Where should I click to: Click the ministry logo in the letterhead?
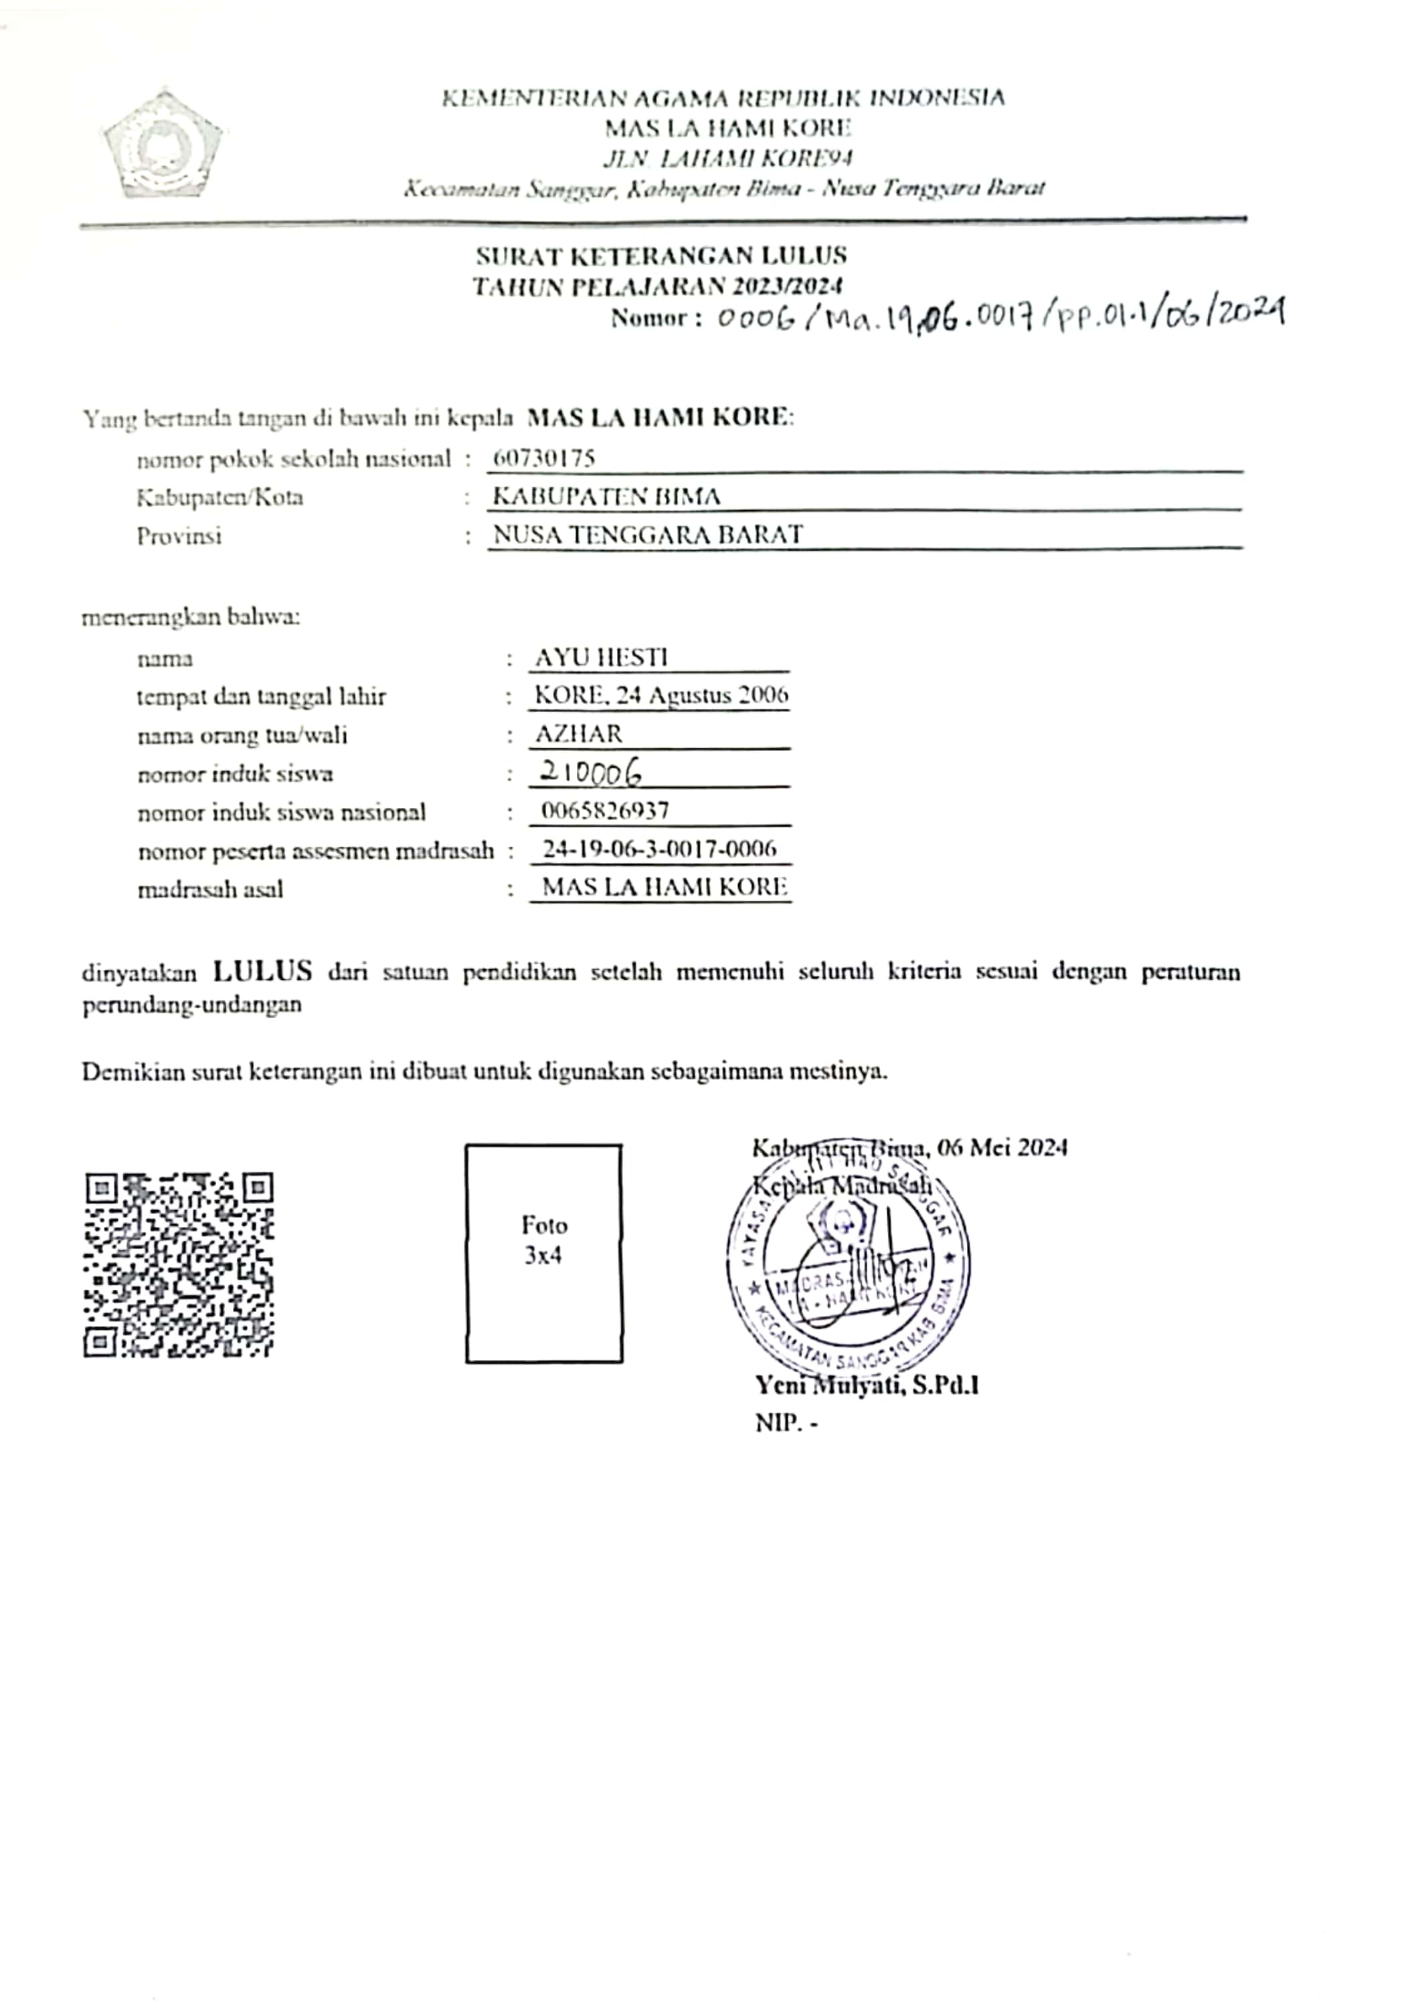point(163,145)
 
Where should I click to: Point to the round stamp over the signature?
point(847,1264)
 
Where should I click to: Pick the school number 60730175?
point(544,457)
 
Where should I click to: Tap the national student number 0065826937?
point(605,811)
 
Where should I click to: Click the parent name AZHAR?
point(579,734)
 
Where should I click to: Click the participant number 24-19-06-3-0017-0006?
point(659,848)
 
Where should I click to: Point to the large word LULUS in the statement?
point(262,971)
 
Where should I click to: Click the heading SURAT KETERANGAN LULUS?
point(661,256)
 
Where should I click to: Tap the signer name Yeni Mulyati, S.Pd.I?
point(867,1386)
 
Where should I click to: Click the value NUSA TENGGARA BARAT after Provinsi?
point(648,534)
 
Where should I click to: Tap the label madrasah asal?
point(210,890)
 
